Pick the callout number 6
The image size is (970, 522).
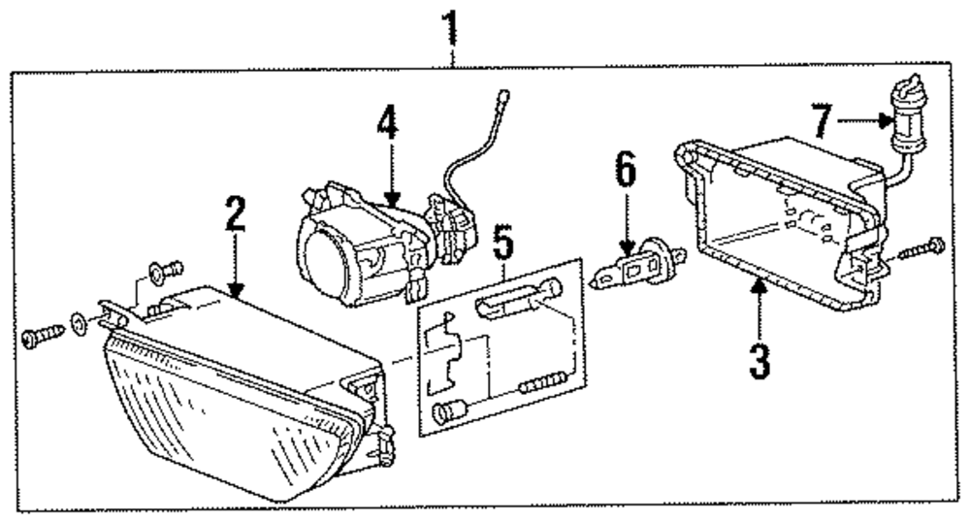[626, 172]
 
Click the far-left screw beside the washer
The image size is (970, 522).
[38, 336]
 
